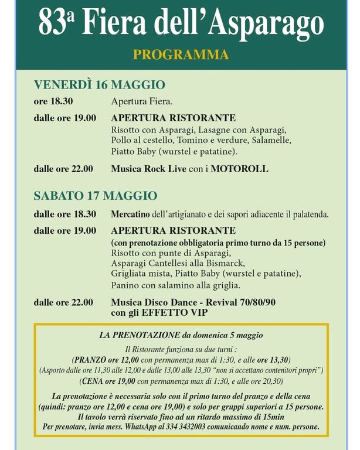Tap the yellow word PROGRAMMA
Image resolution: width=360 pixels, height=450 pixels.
181,55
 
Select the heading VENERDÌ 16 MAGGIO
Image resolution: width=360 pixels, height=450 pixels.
100,85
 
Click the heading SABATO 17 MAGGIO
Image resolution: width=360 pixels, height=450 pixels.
96,195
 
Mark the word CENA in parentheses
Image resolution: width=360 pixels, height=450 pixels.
89,381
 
